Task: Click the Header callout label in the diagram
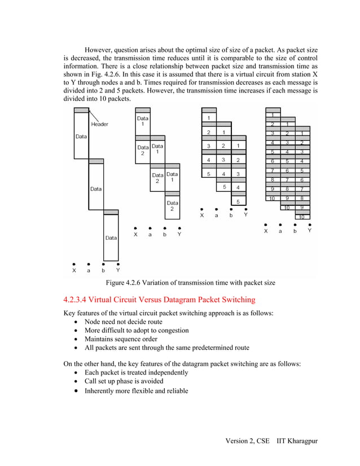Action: [99, 124]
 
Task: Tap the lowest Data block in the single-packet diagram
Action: [111, 238]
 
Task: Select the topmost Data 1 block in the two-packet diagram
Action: [143, 121]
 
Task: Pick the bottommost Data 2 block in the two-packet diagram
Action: [172, 206]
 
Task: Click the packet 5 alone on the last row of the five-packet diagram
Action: [238, 201]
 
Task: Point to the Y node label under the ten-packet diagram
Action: [309, 231]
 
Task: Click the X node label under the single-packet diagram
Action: [74, 270]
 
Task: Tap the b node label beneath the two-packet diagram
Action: [165, 234]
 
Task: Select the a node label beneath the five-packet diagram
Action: [216, 215]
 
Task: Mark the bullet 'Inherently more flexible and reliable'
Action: [136, 391]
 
